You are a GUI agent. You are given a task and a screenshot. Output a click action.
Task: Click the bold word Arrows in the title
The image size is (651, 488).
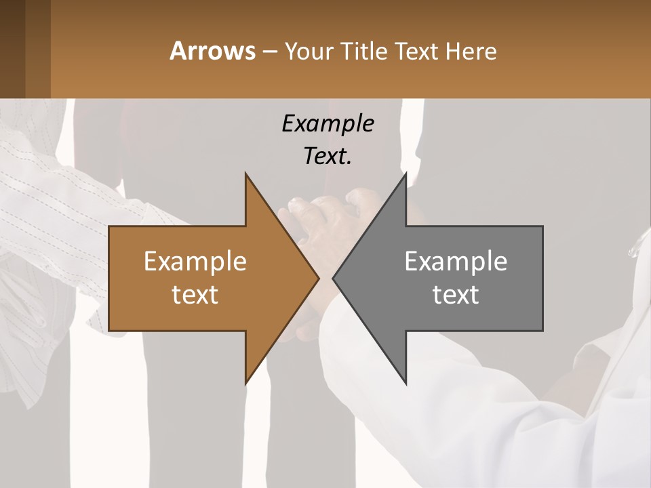point(212,51)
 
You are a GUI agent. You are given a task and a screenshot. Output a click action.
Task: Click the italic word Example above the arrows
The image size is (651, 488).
point(328,123)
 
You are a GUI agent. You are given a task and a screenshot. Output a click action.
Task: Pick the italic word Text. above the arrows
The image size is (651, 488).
point(328,156)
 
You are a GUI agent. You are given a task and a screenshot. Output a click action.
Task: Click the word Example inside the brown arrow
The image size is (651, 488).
point(195,261)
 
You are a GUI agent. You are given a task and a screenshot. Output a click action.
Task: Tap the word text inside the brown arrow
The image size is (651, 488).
point(195,294)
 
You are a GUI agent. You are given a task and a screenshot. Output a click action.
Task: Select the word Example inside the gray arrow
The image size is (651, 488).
point(456,261)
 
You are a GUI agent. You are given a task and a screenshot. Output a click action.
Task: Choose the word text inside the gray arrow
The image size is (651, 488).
point(456,294)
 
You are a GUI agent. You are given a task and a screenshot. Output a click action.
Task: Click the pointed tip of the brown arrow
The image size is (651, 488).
point(317,279)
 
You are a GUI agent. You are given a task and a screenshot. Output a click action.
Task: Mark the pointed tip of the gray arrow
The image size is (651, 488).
point(334,279)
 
